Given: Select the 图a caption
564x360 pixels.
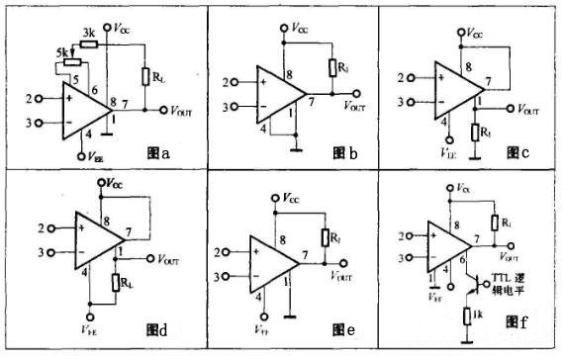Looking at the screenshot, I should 158,153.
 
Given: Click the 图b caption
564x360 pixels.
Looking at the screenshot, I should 343,153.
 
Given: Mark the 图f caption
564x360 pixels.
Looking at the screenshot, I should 517,321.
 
